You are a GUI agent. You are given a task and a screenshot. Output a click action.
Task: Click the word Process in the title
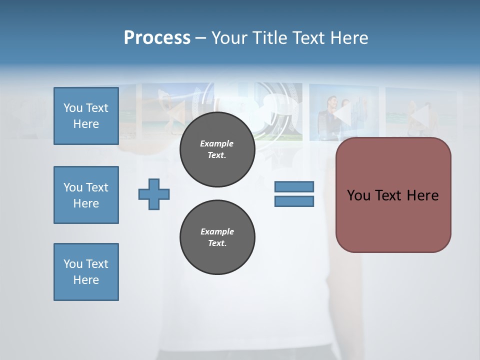click(157, 38)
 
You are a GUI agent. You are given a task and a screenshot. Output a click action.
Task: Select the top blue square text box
click(86, 116)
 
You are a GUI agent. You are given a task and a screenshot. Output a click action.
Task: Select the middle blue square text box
click(86, 195)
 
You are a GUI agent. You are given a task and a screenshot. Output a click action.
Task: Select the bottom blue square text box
click(86, 272)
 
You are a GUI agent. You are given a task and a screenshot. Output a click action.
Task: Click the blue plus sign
click(154, 194)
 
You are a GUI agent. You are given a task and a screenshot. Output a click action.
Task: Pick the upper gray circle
click(217, 149)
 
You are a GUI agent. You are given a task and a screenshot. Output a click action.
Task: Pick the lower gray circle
click(217, 237)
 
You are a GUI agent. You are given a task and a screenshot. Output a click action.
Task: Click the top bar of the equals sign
click(294, 187)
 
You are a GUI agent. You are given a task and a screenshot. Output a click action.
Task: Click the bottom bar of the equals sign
click(294, 201)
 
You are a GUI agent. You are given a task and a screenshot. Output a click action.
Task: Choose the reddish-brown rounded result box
click(393, 195)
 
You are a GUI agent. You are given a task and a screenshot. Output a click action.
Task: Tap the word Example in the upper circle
click(217, 143)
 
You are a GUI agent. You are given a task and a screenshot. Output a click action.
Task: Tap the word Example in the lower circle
click(217, 231)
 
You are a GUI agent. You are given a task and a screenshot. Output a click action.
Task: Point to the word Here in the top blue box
click(86, 124)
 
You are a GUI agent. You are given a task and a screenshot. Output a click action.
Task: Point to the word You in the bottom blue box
click(72, 264)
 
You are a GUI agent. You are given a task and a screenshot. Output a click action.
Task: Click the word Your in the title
click(230, 38)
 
